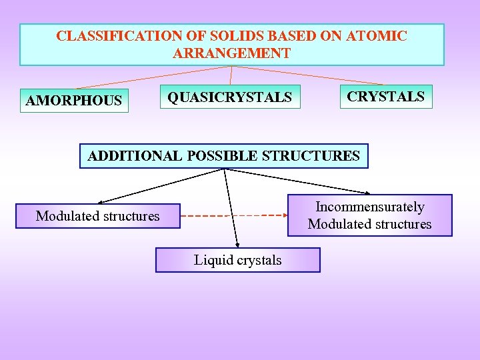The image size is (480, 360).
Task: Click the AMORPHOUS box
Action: point(74,101)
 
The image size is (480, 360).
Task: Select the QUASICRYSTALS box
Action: point(230,97)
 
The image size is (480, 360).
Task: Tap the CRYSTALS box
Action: point(385,96)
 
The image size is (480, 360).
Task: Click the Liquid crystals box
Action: point(238,260)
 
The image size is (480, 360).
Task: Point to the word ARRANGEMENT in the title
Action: point(231,53)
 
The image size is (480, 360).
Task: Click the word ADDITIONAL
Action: point(134,156)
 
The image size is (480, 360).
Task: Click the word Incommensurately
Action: point(369,207)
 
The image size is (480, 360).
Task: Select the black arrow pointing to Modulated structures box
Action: point(160,185)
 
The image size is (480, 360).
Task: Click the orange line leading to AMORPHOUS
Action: point(153,77)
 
